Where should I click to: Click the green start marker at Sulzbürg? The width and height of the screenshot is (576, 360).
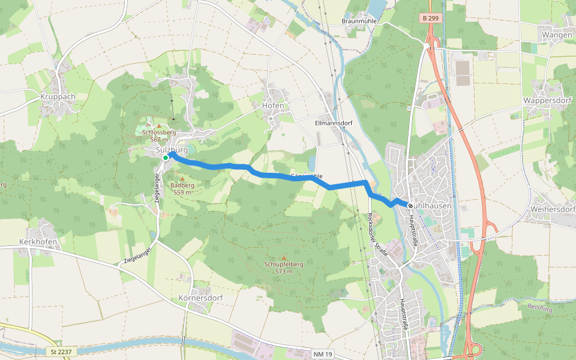tap(166, 158)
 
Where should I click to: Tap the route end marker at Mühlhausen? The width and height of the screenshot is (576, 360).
tap(410, 205)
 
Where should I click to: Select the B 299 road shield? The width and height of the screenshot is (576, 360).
tap(429, 19)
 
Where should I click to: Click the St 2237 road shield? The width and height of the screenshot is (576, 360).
tap(57, 351)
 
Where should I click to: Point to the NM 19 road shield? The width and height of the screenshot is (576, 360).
tap(322, 355)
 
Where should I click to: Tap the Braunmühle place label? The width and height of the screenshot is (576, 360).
tap(358, 21)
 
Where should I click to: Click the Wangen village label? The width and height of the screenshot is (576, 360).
tap(556, 35)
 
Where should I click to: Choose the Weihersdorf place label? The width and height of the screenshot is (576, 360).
tap(553, 209)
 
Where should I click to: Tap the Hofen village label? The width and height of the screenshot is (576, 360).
tap(273, 106)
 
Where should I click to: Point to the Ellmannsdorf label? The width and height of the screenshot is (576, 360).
tap(333, 123)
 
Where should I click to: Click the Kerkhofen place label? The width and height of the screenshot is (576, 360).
tap(37, 241)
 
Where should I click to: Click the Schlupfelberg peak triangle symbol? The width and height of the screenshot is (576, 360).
tap(284, 257)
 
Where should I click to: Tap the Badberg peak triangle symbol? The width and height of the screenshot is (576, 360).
tap(182, 178)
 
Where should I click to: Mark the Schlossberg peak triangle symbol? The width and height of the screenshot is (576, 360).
tap(158, 125)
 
